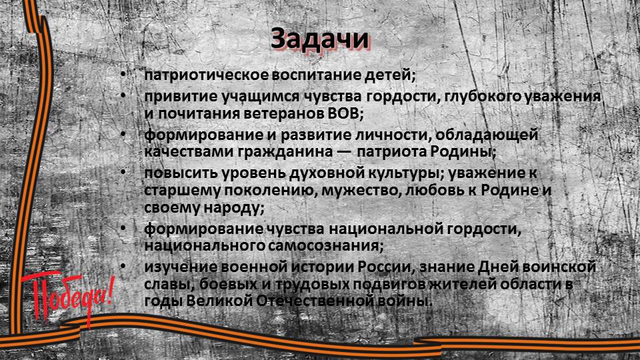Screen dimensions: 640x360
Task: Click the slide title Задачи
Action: click(x=319, y=39)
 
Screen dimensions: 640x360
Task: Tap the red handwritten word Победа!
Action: click(x=67, y=297)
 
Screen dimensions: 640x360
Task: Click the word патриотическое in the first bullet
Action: click(x=207, y=75)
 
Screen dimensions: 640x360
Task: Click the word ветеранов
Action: click(x=284, y=114)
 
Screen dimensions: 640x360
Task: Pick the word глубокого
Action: click(x=482, y=97)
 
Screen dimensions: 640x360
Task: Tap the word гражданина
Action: click(x=285, y=152)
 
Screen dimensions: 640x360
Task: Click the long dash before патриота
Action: click(x=345, y=153)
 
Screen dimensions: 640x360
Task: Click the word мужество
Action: click(x=359, y=191)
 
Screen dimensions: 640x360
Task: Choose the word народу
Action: click(x=231, y=208)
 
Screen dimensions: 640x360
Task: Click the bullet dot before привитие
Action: click(x=123, y=96)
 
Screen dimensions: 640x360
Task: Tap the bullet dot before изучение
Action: click(x=123, y=267)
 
